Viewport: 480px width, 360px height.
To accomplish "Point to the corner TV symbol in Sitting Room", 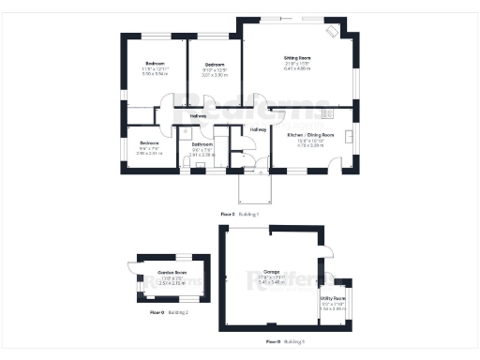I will click(332, 31).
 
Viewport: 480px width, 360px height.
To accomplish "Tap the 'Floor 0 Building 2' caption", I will click(169, 312).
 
